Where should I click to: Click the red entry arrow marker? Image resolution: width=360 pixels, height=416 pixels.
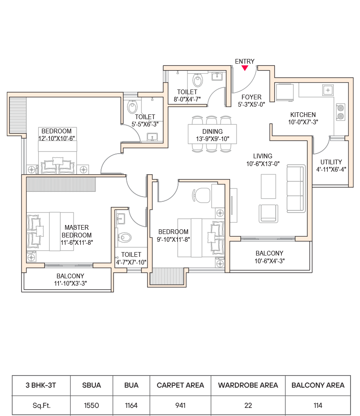pyautogui.click(x=245, y=68)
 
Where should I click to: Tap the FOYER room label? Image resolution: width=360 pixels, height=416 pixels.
pyautogui.click(x=251, y=97)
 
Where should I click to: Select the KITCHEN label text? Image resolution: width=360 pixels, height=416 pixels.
pyautogui.click(x=303, y=115)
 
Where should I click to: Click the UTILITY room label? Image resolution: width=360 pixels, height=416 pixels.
pyautogui.click(x=331, y=162)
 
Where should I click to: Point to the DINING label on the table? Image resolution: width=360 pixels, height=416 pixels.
pyautogui.click(x=212, y=132)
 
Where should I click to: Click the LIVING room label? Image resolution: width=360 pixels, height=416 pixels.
pyautogui.click(x=262, y=156)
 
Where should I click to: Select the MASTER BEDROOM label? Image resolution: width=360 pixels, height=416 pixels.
pyautogui.click(x=77, y=231)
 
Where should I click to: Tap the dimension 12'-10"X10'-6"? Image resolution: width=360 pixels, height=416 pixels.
pyautogui.click(x=56, y=139)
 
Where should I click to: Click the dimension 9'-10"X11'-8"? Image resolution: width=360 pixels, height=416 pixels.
pyautogui.click(x=173, y=239)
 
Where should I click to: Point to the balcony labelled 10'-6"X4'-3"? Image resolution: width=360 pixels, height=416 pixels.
pyautogui.click(x=269, y=257)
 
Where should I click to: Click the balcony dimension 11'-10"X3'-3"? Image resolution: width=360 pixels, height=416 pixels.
pyautogui.click(x=70, y=283)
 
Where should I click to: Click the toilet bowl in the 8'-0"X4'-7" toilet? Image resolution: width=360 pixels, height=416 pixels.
pyautogui.click(x=198, y=80)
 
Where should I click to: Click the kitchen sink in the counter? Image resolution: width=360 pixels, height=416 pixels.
pyautogui.click(x=328, y=90)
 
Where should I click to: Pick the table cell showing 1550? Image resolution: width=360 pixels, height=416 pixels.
pyautogui.click(x=91, y=405)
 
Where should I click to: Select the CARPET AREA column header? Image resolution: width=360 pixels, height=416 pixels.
pyautogui.click(x=180, y=385)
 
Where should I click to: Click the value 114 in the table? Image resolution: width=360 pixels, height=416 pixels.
pyautogui.click(x=318, y=405)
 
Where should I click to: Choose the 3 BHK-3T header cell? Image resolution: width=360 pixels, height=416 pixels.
pyautogui.click(x=41, y=385)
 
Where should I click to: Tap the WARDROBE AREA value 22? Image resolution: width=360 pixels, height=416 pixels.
pyautogui.click(x=248, y=405)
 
